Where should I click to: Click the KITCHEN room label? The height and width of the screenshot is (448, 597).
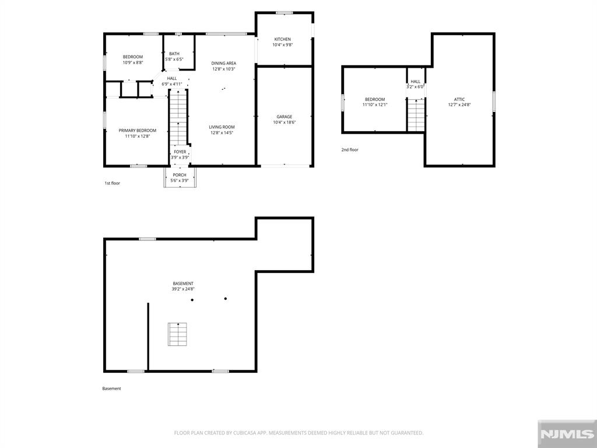[x=283, y=39]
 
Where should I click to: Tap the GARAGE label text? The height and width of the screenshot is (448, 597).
[x=285, y=117]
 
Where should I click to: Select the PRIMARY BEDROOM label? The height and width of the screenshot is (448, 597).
[x=138, y=131]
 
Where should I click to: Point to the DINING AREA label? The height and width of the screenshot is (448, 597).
[x=223, y=63]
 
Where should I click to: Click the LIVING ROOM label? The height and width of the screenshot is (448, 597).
[x=222, y=127]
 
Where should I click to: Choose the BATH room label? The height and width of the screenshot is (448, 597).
[x=174, y=54]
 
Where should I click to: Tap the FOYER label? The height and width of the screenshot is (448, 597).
[x=180, y=152]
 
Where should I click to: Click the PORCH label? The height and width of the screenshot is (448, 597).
[x=180, y=175]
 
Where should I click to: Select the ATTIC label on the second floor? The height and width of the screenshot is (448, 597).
[x=459, y=99]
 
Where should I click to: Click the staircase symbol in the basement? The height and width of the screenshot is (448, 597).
[x=177, y=334]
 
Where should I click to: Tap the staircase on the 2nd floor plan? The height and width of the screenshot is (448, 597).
[x=416, y=115]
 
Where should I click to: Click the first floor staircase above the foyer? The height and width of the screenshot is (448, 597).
[x=178, y=117]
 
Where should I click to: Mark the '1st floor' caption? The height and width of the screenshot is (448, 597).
[x=113, y=183]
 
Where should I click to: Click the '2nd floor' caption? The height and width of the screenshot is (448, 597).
[x=350, y=150]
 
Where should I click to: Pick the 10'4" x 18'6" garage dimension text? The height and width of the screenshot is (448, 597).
[x=285, y=123]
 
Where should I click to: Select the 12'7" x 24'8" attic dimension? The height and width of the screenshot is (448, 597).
[x=459, y=104]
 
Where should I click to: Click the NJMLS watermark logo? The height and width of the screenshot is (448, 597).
[x=567, y=434]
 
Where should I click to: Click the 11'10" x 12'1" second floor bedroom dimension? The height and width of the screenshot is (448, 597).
[x=375, y=104]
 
